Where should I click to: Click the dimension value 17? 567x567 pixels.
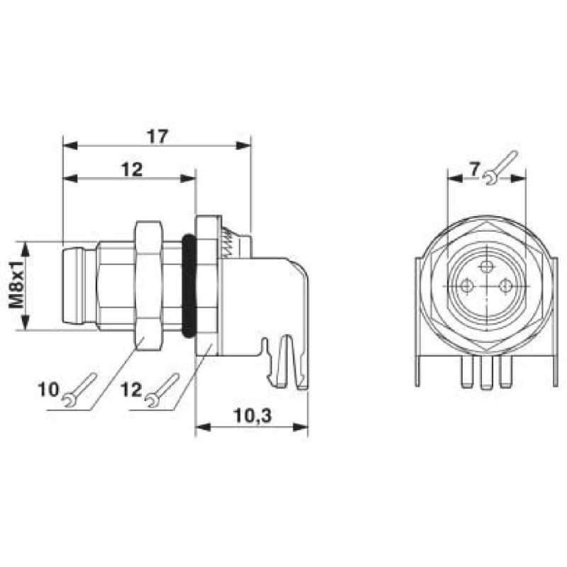coord(157,136)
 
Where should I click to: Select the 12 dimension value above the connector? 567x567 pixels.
coord(132,169)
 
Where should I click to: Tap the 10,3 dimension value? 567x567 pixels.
coord(252,417)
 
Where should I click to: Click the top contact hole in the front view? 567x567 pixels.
coord(485,266)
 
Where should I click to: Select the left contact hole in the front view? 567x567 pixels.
coord(466,286)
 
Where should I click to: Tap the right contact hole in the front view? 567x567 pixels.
coord(505,286)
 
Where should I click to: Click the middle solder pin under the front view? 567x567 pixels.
coord(485,376)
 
